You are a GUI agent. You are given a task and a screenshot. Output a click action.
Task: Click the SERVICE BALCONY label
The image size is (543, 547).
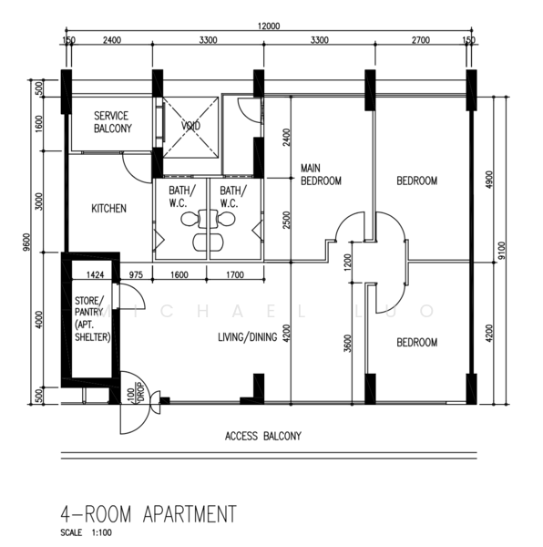coord(113,122)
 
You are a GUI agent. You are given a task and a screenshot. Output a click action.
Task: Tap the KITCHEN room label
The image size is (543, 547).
coord(108,209)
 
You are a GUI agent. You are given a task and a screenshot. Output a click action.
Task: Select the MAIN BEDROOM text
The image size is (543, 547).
coord(321,174)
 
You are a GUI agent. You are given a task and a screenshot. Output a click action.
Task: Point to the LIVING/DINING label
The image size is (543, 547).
coord(248,337)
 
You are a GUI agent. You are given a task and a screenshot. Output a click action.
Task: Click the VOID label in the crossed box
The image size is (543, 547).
coord(190,126)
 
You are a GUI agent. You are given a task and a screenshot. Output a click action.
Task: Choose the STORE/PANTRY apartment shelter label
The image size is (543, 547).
coord(92,318)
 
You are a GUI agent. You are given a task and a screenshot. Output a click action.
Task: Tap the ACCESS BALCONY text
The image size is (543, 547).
coord(263,436)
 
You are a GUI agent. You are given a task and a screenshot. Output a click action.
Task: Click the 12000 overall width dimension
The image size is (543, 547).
coord(269,26)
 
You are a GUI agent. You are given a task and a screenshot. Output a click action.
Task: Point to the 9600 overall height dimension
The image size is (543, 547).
coord(28,242)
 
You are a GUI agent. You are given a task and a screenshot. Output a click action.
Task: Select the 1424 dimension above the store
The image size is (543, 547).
coord(95,275)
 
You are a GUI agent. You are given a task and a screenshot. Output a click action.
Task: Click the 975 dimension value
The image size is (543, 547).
coord(136,275)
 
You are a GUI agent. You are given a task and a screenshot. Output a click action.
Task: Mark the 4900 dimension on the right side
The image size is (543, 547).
coord(489,180)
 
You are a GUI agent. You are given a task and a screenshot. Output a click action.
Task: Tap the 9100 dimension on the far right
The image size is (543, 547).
coord(501,251)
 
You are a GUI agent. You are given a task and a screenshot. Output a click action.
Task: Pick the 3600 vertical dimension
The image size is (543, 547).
coord(347,344)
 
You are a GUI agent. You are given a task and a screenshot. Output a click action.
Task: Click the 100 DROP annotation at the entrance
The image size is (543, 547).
coord(136,395)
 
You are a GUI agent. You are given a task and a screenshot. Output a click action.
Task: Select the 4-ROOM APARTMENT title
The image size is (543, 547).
coord(149,514)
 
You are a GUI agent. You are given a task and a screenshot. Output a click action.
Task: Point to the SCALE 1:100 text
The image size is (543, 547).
coord(86,532)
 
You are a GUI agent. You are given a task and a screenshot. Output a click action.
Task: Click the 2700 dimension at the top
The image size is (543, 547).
coord(421,40)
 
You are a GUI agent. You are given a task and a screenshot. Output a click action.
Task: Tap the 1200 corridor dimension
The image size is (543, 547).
coord(347,263)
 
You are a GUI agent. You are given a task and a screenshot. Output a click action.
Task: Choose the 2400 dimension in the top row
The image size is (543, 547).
coord(112,40)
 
